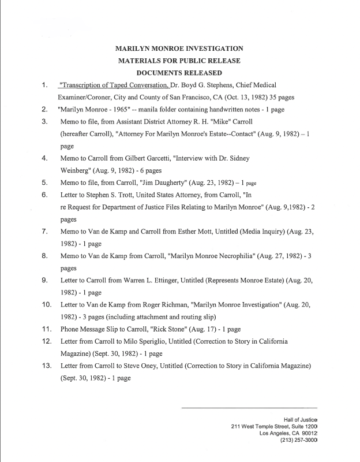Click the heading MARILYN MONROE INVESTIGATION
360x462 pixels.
click(x=179, y=49)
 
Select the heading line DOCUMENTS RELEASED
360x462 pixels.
click(x=179, y=73)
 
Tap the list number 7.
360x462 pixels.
click(x=44, y=232)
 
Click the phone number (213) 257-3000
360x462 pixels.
click(x=298, y=440)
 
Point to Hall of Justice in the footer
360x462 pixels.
click(x=300, y=419)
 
